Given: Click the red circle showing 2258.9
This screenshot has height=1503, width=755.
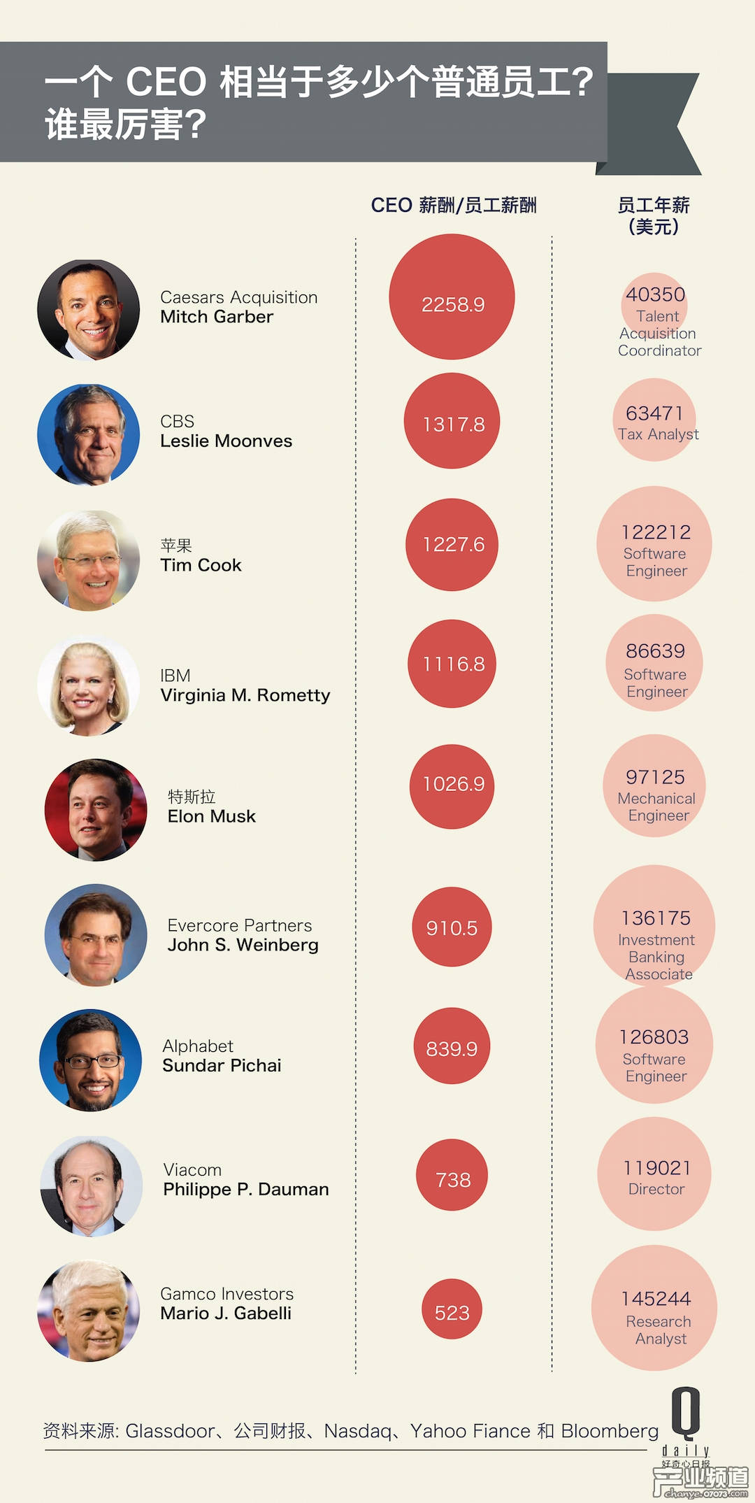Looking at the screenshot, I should (x=452, y=297).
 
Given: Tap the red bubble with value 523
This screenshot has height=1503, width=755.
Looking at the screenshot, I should (x=452, y=1309).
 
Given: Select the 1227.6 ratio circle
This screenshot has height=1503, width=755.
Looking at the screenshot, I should (x=452, y=544).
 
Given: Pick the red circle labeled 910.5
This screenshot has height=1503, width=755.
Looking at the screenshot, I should (x=452, y=927).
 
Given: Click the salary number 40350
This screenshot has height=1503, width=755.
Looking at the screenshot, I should (x=655, y=294).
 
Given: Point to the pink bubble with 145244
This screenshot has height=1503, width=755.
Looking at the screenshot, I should (x=654, y=1307).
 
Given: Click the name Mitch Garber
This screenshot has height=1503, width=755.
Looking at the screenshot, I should (x=217, y=317).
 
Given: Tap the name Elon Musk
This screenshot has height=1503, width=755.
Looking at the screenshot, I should (x=212, y=816).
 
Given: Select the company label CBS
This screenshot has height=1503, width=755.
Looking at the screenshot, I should (x=177, y=422).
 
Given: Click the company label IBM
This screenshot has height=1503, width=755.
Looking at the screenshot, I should (x=175, y=676).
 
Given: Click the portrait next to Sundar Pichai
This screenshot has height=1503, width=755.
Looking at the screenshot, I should (x=91, y=1060).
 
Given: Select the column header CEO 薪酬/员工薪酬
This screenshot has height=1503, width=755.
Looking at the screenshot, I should (x=454, y=205).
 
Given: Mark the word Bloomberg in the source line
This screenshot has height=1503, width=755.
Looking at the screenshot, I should (x=610, y=1432).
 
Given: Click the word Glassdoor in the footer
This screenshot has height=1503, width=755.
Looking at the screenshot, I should (x=171, y=1432).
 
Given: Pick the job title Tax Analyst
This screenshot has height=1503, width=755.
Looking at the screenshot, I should (x=659, y=434).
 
